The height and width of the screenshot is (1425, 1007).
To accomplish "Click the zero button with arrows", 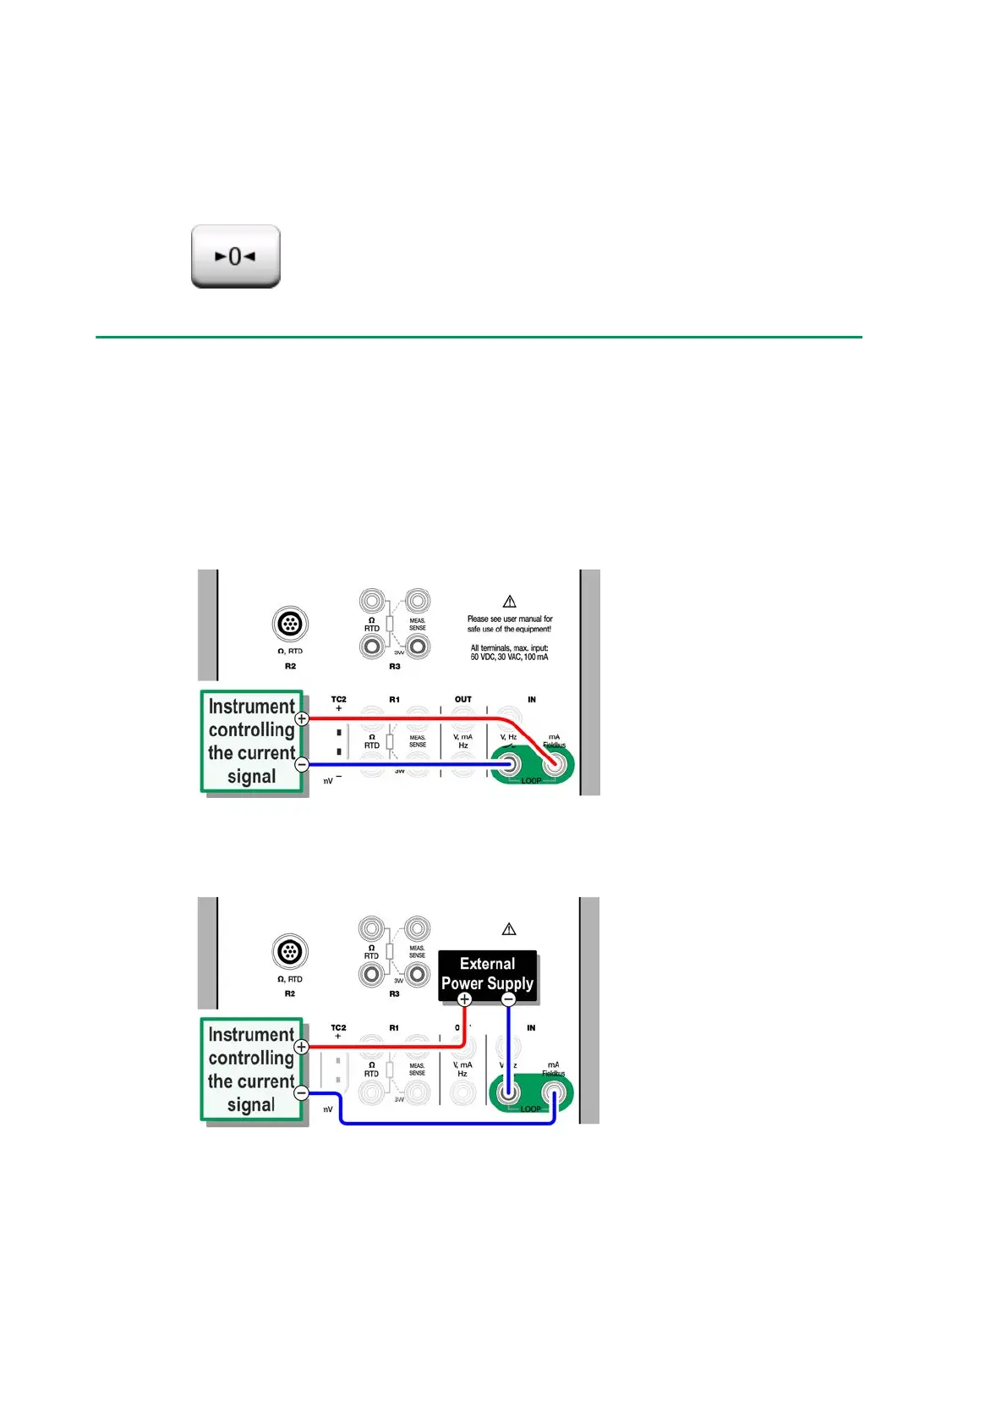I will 235,256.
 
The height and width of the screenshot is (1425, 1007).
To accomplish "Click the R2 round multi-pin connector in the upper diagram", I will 290,625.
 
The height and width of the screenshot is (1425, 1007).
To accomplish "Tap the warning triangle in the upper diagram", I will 509,602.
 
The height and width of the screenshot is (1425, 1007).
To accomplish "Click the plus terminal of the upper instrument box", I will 302,718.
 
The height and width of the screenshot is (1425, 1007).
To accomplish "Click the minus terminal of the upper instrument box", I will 302,765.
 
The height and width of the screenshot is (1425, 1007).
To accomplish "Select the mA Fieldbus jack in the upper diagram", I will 555,765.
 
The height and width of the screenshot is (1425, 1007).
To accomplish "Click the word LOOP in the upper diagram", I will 531,780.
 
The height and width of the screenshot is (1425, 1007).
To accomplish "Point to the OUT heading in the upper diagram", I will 463,700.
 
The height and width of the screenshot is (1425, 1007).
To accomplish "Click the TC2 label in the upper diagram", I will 338,700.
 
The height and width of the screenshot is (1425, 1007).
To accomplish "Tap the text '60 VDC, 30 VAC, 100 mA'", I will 509,657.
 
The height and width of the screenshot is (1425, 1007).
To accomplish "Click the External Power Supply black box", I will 487,973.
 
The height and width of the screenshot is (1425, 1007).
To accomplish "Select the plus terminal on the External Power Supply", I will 464,999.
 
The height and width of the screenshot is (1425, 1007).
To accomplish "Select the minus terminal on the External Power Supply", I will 508,999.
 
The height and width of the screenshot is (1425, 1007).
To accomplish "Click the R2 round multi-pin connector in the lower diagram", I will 290,952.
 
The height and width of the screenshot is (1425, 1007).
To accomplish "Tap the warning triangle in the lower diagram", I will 509,929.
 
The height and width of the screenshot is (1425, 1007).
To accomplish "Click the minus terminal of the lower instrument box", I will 301,1092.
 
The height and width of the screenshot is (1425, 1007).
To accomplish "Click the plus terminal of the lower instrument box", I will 301,1047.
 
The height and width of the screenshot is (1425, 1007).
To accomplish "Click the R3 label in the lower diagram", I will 394,993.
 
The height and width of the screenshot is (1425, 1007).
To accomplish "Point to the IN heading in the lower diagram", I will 531,1028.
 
